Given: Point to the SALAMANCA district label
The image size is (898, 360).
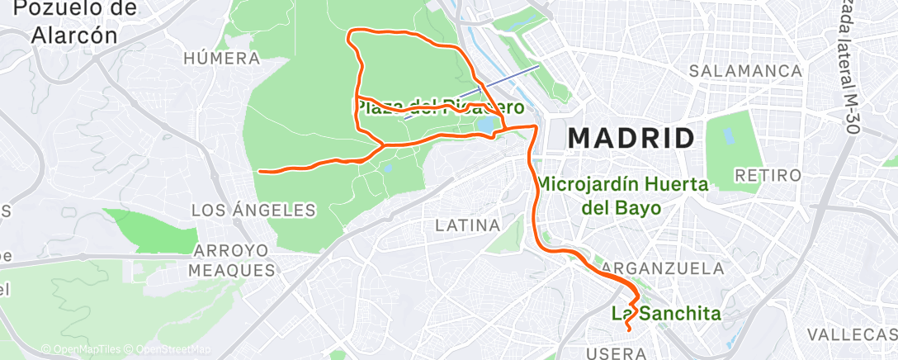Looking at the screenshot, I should [x=747, y=71].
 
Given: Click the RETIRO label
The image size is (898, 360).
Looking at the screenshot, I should [x=768, y=175].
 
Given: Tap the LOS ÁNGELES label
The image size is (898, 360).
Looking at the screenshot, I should [x=254, y=211].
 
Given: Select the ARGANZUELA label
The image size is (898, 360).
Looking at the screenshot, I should [x=664, y=268].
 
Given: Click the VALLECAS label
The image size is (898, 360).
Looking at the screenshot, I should [x=851, y=334].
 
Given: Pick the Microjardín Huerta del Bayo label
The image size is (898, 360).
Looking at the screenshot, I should [x=622, y=196].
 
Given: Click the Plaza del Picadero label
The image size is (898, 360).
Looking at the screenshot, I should [x=440, y=107].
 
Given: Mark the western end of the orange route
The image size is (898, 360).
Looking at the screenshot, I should [x=261, y=171].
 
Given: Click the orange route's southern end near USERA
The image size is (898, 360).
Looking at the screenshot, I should [x=629, y=329].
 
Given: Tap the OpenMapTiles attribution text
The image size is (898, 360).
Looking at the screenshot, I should [x=80, y=349].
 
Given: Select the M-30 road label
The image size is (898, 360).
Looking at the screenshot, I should [x=850, y=66].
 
